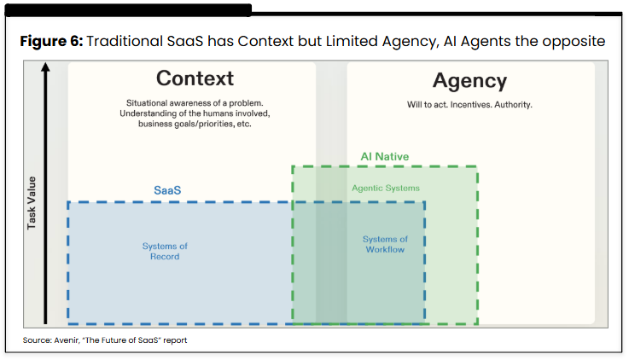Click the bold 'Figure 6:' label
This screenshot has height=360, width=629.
pyautogui.click(x=50, y=42)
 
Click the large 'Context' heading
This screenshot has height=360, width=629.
pyautogui.click(x=195, y=78)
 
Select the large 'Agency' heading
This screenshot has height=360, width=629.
pyautogui.click(x=469, y=81)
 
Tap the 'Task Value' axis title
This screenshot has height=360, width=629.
pyautogui.click(x=32, y=203)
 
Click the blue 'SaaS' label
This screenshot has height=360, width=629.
pyautogui.click(x=166, y=189)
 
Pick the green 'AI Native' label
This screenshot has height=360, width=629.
pyautogui.click(x=384, y=156)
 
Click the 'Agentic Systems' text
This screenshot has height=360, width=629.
pyautogui.click(x=385, y=188)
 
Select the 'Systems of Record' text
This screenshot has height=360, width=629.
pyautogui.click(x=165, y=252)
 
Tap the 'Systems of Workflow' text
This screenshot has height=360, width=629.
pyautogui.click(x=385, y=244)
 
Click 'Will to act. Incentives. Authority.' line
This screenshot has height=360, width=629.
pyautogui.click(x=469, y=105)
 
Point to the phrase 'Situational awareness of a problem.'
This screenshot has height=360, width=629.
pyautogui.click(x=195, y=102)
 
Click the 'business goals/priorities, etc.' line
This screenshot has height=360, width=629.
pyautogui.click(x=195, y=124)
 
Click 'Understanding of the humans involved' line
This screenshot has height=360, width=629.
pyautogui.click(x=195, y=113)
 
